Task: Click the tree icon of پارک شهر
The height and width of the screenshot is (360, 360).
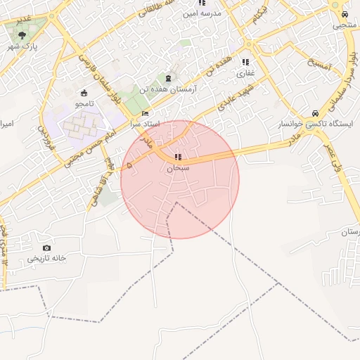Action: (x=22, y=34)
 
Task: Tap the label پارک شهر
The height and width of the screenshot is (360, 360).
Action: (x=22, y=46)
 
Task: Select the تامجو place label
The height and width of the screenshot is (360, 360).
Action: (x=84, y=103)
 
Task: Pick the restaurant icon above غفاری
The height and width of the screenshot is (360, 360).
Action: (x=245, y=62)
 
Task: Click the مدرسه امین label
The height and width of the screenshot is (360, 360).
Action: (x=202, y=13)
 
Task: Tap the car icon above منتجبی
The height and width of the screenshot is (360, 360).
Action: (x=344, y=14)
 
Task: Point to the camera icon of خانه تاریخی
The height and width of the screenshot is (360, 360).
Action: (x=46, y=247)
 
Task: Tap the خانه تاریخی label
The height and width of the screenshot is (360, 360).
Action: (x=46, y=259)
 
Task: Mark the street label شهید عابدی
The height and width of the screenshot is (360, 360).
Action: (x=226, y=101)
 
